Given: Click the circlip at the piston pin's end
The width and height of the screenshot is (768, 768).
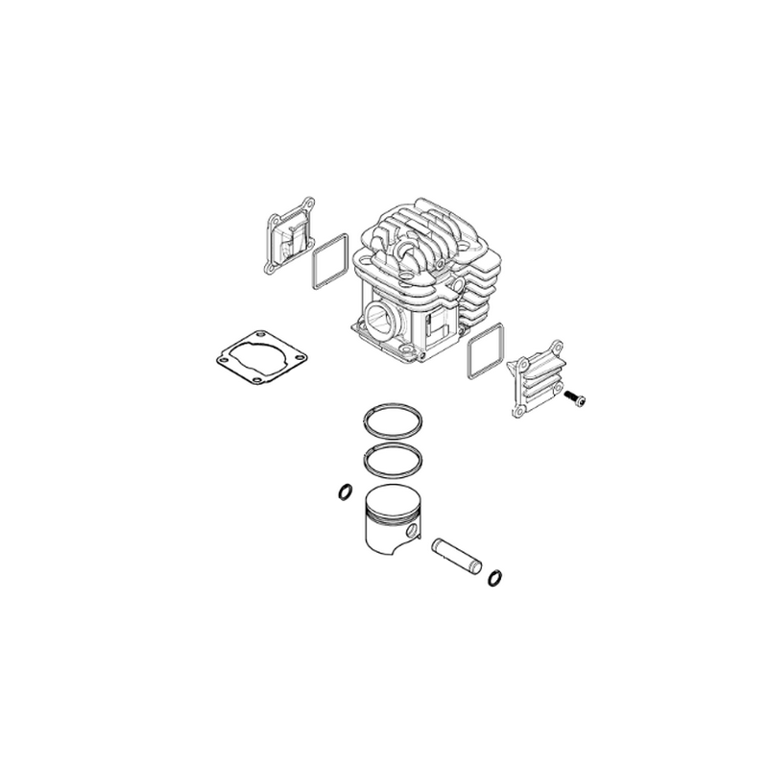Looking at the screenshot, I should [495, 576].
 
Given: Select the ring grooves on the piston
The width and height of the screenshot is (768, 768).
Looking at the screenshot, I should [384, 523].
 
